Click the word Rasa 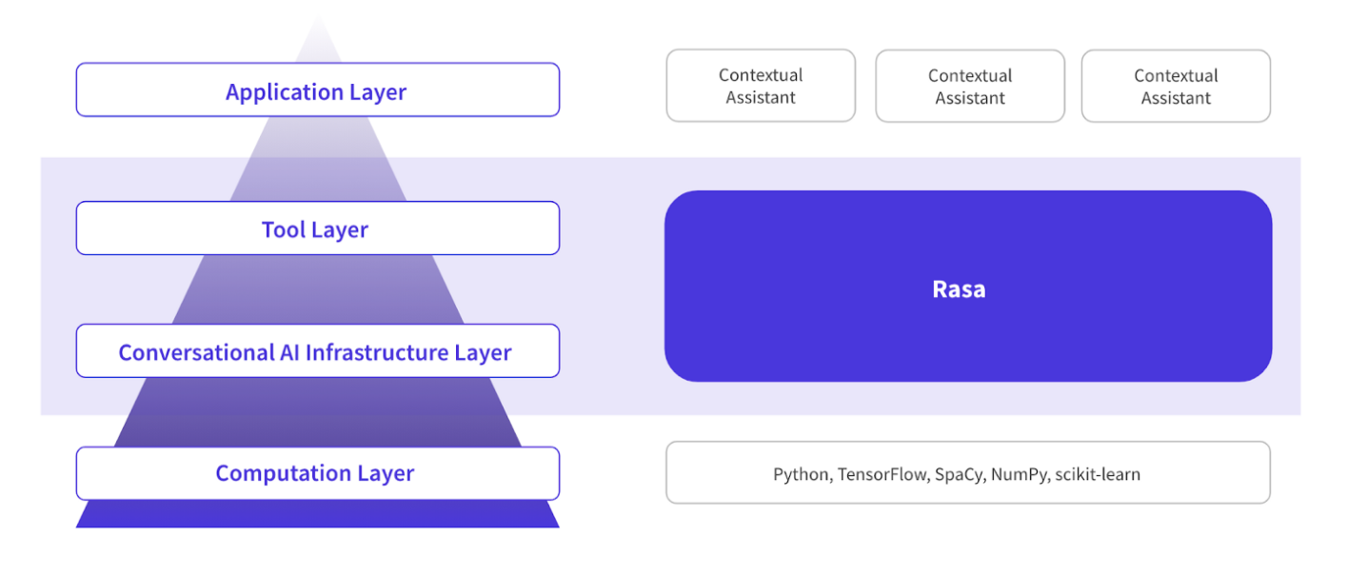coord(959,289)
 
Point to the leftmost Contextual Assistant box coord(761,86)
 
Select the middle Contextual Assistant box coord(970,86)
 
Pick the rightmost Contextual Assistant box coord(1176,86)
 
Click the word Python coord(800,474)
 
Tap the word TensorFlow coord(882,474)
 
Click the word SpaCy coord(960,474)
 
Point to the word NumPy coord(1020,474)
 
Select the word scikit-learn coord(1098,474)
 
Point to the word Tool coord(283,229)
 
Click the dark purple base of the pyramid coord(317,514)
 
